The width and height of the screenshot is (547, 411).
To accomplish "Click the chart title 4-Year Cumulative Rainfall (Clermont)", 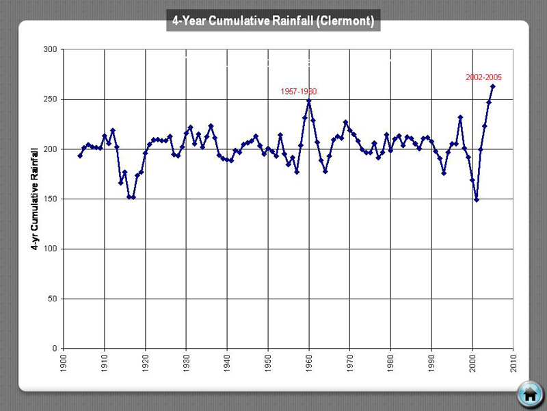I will [x=273, y=21].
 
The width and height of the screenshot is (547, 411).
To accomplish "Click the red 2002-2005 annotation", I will [x=484, y=77].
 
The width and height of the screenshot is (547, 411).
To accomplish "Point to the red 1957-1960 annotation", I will [x=299, y=91].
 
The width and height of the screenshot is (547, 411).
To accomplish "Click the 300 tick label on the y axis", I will [x=49, y=49].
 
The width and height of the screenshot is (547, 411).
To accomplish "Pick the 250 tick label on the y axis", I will [x=49, y=99].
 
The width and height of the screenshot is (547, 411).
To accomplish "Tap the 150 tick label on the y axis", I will [x=49, y=199].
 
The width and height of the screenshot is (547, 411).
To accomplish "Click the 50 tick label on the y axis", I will [x=51, y=299].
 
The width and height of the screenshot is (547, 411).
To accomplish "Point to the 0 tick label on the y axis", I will [x=53, y=349].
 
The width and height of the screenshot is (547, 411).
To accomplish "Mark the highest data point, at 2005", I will [x=493, y=86].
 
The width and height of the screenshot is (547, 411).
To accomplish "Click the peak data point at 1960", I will [x=309, y=101].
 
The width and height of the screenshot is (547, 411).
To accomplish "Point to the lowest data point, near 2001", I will [x=477, y=200].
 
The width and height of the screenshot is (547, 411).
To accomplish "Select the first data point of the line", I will [x=80, y=155].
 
